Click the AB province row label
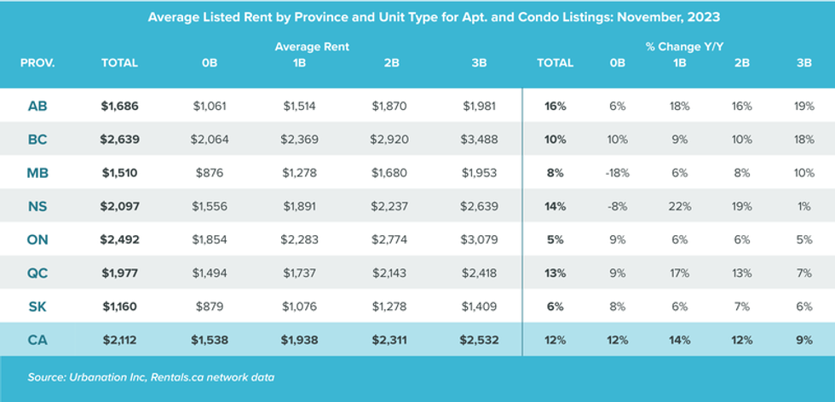pos(37,106)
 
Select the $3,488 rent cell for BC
pos(479,140)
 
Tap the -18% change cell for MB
pos(618,173)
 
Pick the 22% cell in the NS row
pos(680,206)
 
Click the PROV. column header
pos(37,63)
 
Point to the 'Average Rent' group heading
pos(312,46)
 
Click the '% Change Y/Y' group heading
pos(681,46)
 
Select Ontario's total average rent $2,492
pos(119,239)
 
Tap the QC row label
pos(37,273)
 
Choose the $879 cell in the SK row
pos(211,306)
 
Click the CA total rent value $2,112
pos(119,340)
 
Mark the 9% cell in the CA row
pos(803,340)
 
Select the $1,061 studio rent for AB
pos(211,106)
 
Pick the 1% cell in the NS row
pos(803,206)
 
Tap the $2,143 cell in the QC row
pos(389,273)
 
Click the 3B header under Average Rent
pos(479,63)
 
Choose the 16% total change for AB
pos(555,106)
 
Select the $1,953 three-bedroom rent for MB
pos(479,173)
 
